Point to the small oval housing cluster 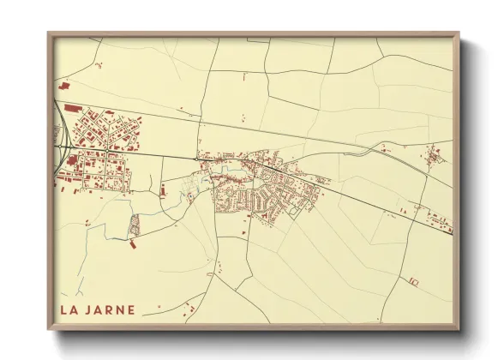(x=134, y=225)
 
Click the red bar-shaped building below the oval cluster (x=134, y=246)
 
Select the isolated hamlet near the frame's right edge (x=434, y=155)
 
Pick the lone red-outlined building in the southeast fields (x=413, y=281)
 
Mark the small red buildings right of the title (x=192, y=308)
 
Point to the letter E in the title (x=131, y=309)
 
